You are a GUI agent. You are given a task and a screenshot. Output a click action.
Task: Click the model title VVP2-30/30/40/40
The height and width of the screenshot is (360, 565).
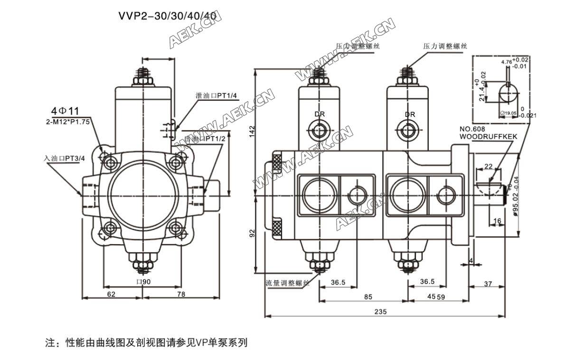coord(168,16)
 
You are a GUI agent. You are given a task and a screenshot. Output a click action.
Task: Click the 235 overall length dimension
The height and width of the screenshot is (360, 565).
coord(380,312)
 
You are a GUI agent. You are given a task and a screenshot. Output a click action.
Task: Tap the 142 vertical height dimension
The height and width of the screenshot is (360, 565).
coord(253,132)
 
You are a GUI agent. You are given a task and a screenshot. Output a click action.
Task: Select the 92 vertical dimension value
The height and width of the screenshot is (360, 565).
coord(253,233)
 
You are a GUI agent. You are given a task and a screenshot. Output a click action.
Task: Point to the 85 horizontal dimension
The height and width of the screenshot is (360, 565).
coord(367,297)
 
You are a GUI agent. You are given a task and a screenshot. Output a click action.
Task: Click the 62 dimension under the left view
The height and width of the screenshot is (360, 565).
coord(111,294)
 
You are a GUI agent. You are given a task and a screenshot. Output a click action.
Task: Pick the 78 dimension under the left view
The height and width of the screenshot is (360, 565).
coord(180,294)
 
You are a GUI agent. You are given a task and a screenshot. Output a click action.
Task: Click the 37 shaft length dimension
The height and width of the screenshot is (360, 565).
coord(488,284)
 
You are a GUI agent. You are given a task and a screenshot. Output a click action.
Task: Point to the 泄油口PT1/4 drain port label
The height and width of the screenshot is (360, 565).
coord(217,95)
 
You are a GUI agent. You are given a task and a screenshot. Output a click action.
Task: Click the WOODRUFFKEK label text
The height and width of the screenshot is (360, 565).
coord(489,136)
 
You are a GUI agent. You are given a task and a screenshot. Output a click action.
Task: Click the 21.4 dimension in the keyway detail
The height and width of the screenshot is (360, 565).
coord(482,92)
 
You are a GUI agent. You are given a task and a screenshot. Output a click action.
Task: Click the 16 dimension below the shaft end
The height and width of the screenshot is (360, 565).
coord(497,221)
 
